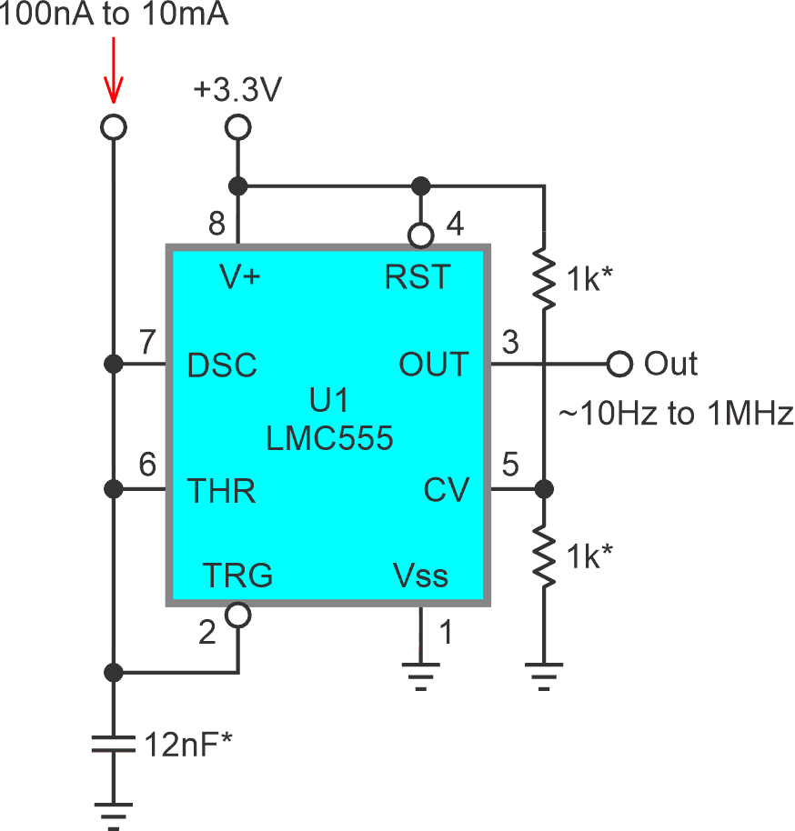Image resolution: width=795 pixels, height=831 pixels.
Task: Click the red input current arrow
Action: pyautogui.click(x=113, y=73)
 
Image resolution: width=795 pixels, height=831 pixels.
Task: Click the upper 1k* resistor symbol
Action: pyautogui.click(x=544, y=279)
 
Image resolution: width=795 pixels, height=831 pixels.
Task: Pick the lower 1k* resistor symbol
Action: pyautogui.click(x=544, y=556)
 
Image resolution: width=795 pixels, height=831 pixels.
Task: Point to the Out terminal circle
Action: pyautogui.click(x=619, y=365)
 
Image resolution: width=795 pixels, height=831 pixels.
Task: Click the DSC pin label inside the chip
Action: pyautogui.click(x=222, y=365)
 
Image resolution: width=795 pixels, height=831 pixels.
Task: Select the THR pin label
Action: pyautogui.click(x=221, y=491)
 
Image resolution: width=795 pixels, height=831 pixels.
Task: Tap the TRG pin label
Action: pyautogui.click(x=236, y=575)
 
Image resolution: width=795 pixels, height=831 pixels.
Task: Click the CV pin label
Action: pyautogui.click(x=446, y=491)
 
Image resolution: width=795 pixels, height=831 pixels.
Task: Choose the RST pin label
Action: pyautogui.click(x=418, y=277)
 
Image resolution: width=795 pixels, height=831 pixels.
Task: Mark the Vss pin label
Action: pyautogui.click(x=420, y=575)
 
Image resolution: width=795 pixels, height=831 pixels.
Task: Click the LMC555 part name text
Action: pyautogui.click(x=329, y=439)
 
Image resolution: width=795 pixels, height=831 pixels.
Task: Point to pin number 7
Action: pyautogui.click(x=147, y=342)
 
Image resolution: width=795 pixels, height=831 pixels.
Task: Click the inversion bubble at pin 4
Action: pyautogui.click(x=420, y=236)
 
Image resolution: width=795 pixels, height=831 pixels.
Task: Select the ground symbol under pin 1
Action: pyautogui.click(x=420, y=677)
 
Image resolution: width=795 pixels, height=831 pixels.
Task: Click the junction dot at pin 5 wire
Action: pyautogui.click(x=544, y=490)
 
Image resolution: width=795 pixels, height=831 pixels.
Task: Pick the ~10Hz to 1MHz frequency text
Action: pyautogui.click(x=674, y=414)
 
